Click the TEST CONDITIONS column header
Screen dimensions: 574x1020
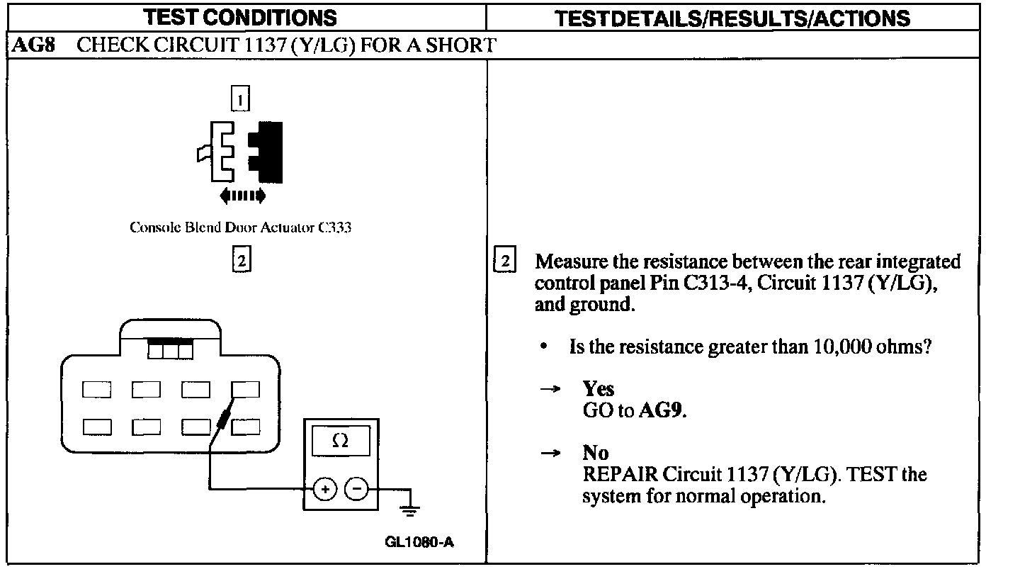pos(246,17)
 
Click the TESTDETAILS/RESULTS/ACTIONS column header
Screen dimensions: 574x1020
pos(732,17)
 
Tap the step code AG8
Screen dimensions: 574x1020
pos(32,47)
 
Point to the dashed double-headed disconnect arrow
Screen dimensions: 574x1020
pos(243,195)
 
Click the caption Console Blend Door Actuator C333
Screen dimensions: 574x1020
pos(241,228)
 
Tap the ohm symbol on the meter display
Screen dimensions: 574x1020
pos(340,441)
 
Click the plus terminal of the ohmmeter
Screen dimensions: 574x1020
pos(325,488)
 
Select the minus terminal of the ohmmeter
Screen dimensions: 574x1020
pos(356,488)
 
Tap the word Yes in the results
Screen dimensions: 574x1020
pos(598,388)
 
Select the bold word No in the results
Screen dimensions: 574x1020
pos(596,452)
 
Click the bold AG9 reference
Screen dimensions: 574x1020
pos(662,411)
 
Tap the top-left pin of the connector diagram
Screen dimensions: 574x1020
pos(96,389)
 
